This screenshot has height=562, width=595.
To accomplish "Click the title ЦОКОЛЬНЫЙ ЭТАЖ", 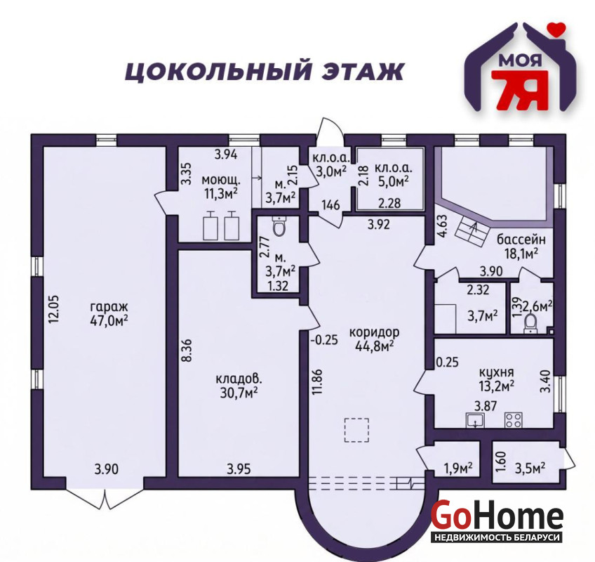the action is tap(264, 72).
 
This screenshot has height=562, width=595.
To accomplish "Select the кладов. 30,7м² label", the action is tap(239, 385).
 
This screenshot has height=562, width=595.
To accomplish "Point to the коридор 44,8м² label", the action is tap(374, 339).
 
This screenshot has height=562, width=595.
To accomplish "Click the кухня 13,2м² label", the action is tap(496, 379).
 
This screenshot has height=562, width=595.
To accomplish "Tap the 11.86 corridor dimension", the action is tap(318, 382).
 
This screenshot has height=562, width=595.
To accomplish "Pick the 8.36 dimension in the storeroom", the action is tap(187, 351).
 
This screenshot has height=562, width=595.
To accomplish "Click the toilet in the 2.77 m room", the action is tap(280, 227).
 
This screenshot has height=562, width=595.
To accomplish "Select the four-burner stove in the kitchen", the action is tap(513, 420).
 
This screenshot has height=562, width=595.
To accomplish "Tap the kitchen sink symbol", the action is tap(475, 420).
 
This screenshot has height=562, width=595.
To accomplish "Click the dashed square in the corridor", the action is tap(356, 430).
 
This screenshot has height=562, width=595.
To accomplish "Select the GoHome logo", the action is tap(497, 521).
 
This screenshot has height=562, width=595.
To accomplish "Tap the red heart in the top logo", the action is tap(556, 29).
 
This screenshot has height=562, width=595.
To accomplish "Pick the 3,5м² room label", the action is tap(529, 467).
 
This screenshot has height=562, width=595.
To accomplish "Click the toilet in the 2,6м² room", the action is tap(530, 324).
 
